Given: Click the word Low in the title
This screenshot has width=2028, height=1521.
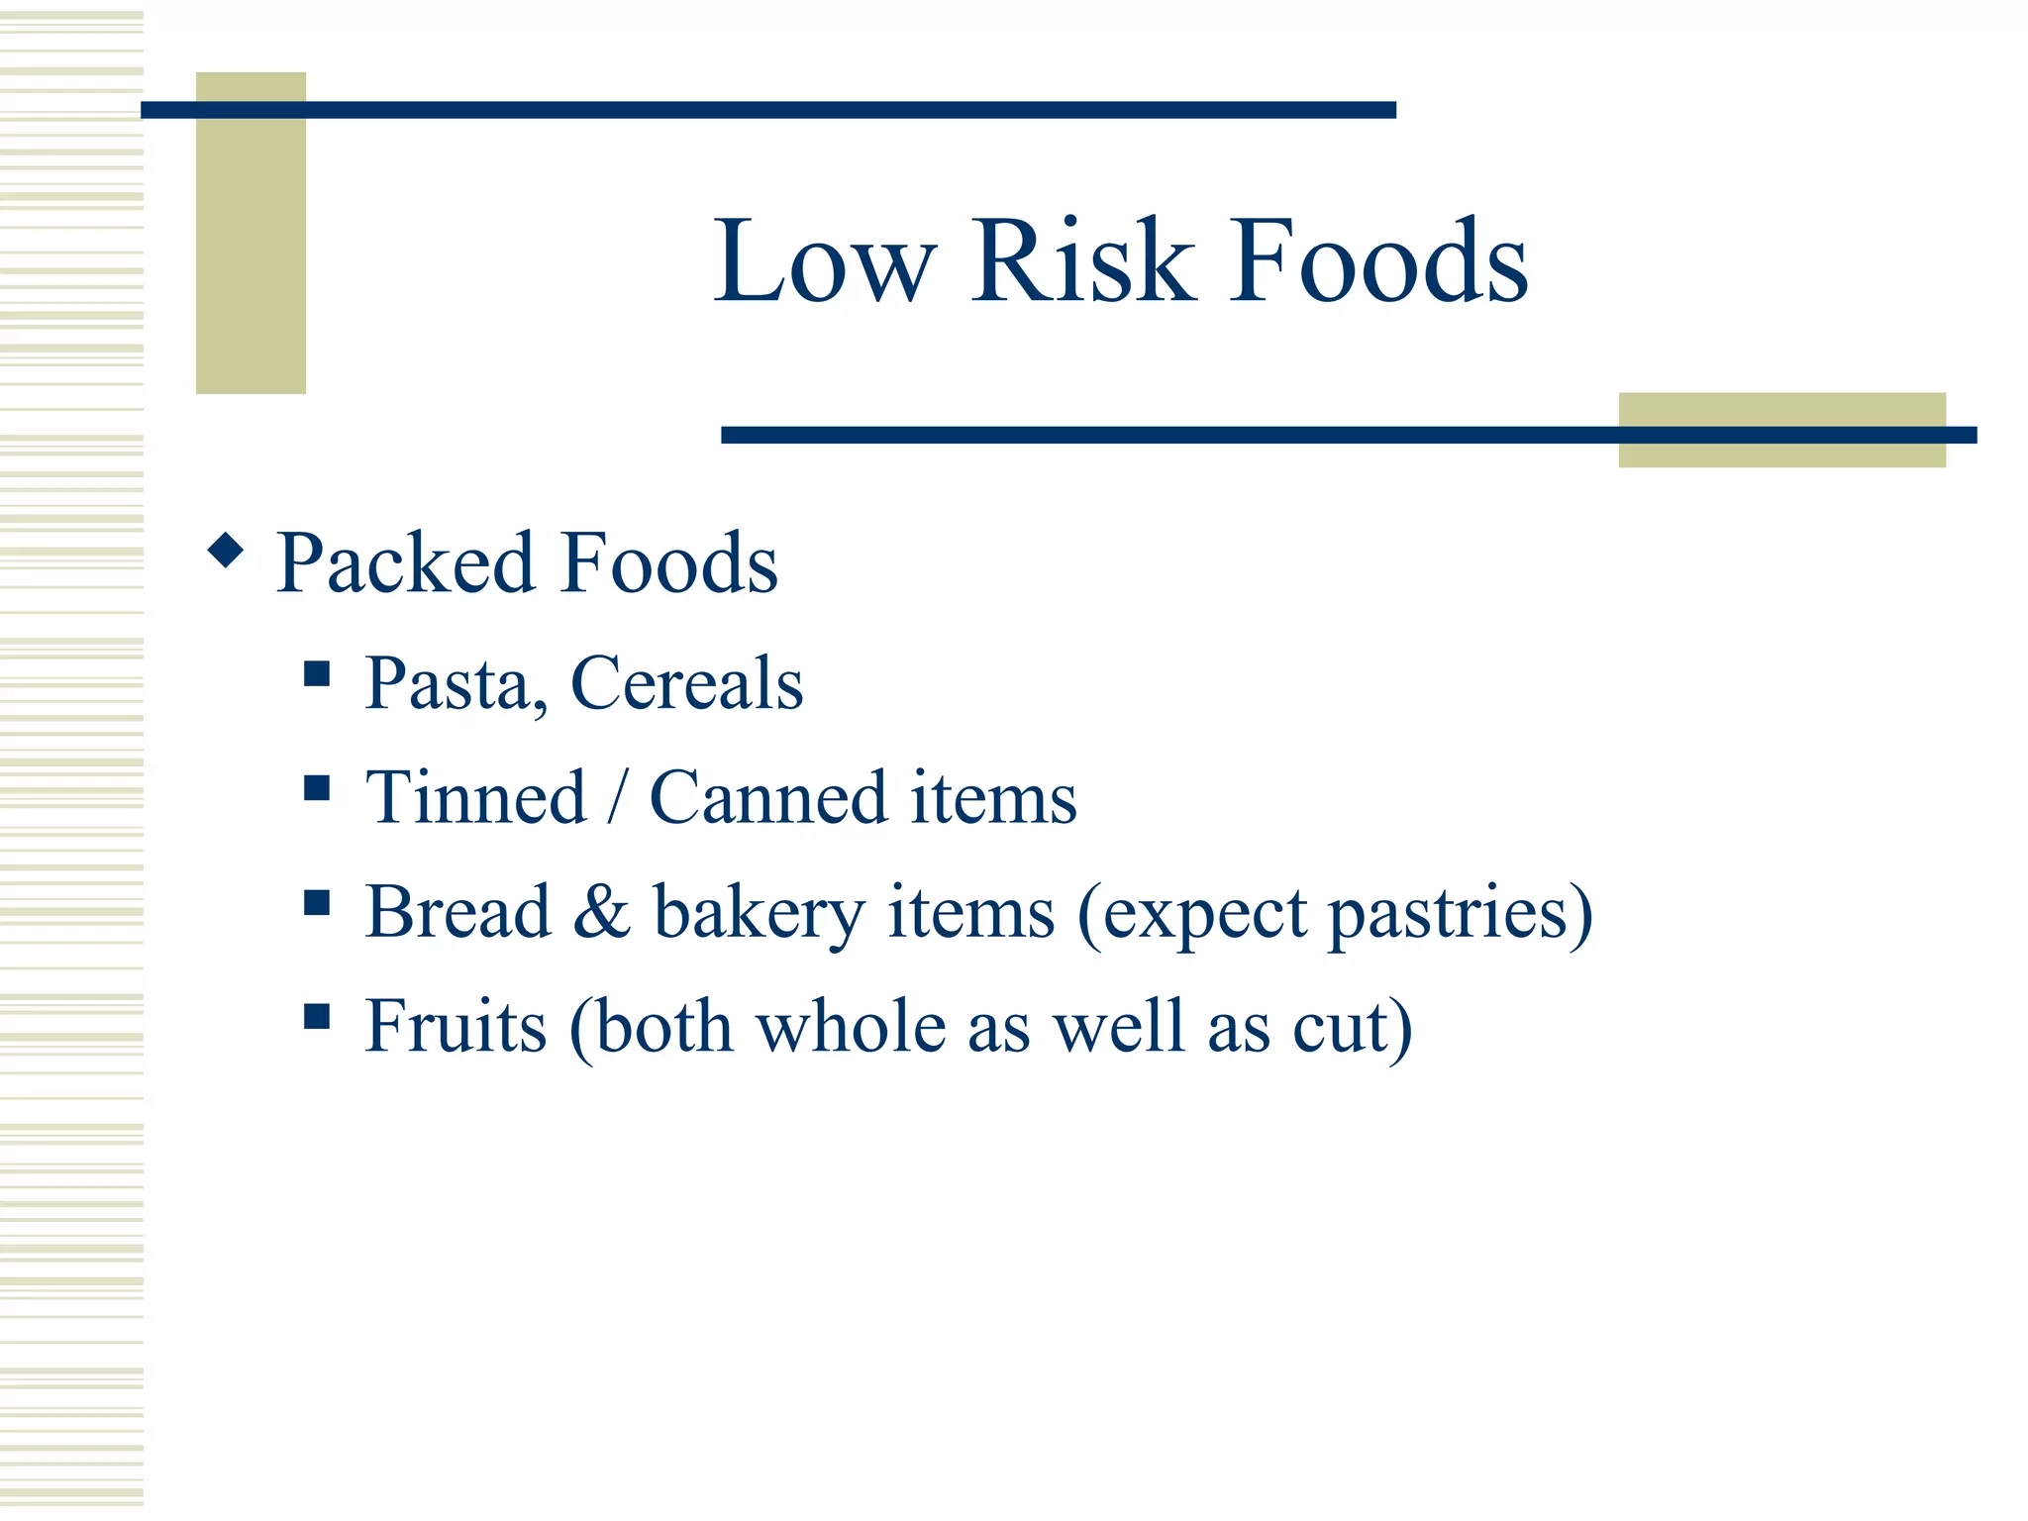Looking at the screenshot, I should click(824, 260).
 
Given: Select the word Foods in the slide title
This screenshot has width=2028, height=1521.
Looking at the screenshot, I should click(1378, 260).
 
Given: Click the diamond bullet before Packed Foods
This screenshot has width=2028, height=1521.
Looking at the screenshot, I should click(226, 550).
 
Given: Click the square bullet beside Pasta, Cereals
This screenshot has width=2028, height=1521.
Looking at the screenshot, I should click(317, 674).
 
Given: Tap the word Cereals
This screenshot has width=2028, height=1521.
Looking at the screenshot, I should click(686, 684).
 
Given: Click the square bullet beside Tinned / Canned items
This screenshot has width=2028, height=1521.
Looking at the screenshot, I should click(317, 788).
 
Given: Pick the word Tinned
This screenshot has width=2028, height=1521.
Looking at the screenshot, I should click(476, 798).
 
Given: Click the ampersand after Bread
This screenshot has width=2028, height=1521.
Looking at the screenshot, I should click(601, 912).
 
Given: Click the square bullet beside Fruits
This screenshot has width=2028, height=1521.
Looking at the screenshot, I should click(317, 1016).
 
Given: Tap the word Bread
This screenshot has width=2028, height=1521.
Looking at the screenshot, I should click(457, 912).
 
